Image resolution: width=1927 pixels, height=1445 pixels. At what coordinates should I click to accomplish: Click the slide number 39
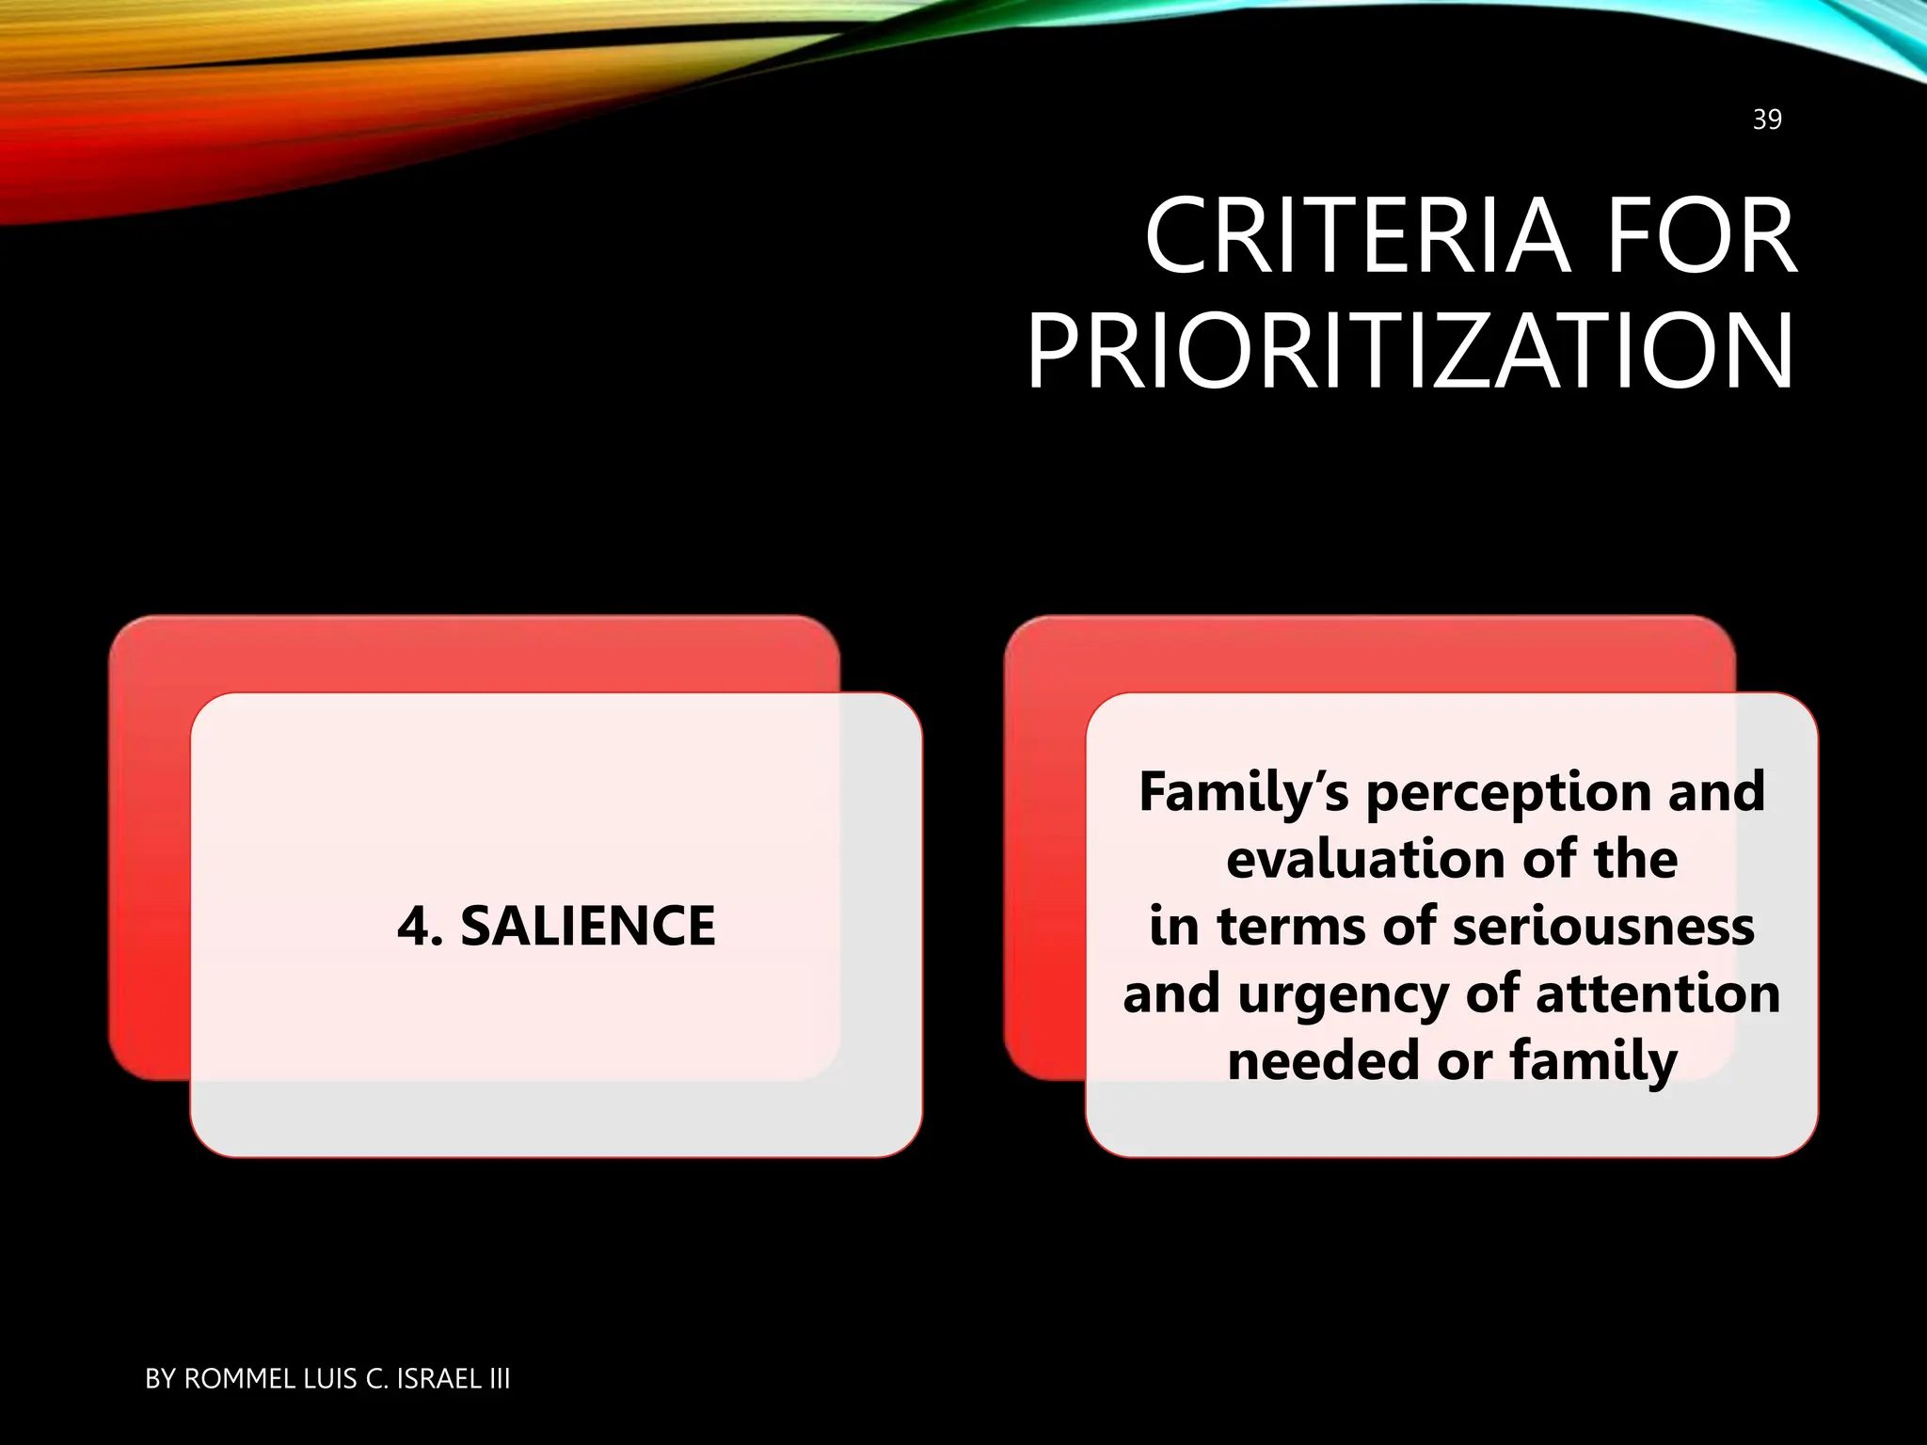click(x=1766, y=119)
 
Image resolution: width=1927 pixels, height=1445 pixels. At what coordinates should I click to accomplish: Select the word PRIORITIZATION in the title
click(x=1409, y=353)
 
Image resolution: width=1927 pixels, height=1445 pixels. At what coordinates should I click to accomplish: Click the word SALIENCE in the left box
click(x=587, y=926)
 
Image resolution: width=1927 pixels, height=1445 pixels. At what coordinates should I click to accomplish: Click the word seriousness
click(x=1603, y=926)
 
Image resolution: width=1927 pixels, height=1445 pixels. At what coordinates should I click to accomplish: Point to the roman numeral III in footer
click(x=499, y=1379)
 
